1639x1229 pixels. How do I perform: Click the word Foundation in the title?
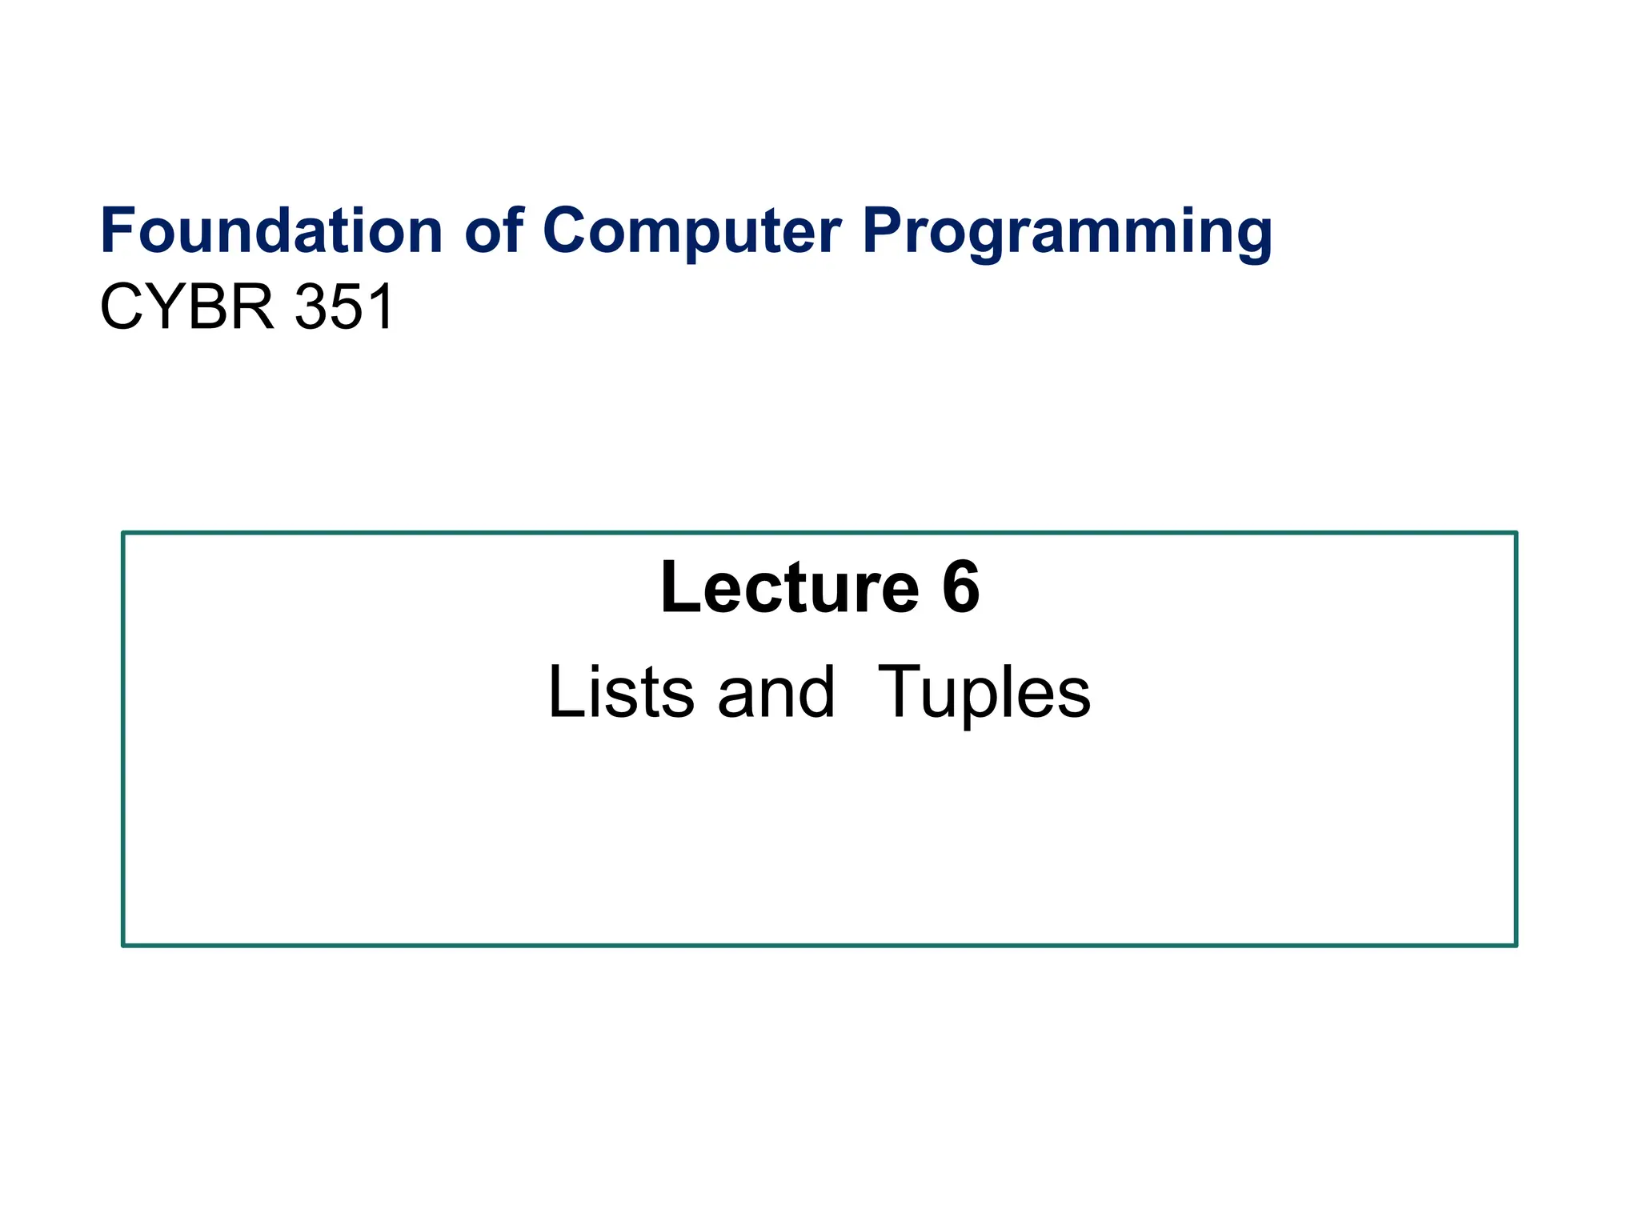coord(270,231)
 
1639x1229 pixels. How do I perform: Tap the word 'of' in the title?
coord(494,231)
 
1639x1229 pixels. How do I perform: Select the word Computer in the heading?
coord(691,231)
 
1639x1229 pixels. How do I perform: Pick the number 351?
coord(344,307)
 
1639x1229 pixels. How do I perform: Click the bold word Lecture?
coord(789,588)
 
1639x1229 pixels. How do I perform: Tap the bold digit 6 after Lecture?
coord(960,588)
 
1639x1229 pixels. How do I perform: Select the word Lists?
coord(621,692)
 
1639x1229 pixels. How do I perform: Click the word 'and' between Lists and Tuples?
coord(775,692)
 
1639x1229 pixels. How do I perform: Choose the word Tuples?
coord(984,694)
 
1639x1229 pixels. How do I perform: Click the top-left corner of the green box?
coord(123,533)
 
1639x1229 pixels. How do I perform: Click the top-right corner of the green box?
coord(1516,533)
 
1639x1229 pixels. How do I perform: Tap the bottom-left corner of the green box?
coord(123,945)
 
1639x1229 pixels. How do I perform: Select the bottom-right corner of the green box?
coord(1516,945)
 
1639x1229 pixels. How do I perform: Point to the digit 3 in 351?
coord(311,307)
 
